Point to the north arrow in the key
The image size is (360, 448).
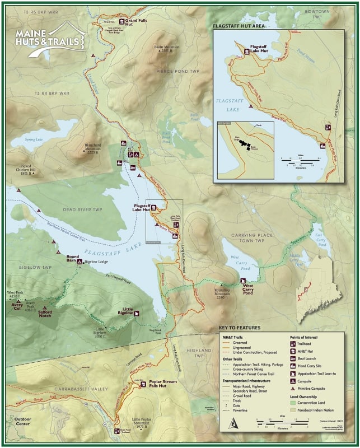pyautogui.click(x=231, y=424)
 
